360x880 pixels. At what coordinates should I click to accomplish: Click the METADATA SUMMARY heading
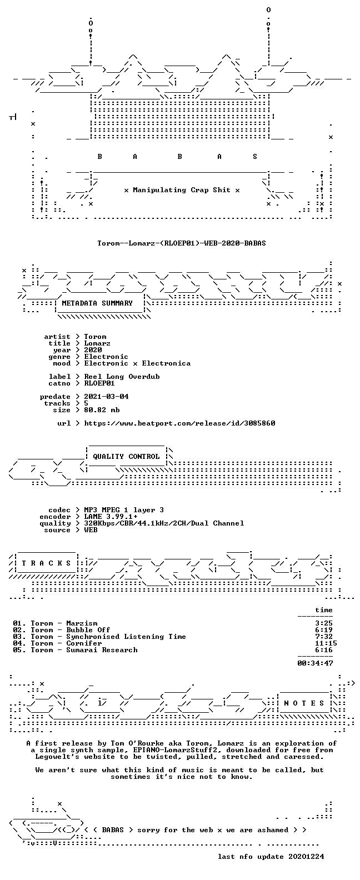[x=97, y=303]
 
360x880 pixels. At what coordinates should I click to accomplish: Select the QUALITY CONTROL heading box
[x=126, y=457]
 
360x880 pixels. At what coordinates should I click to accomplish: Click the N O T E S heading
[x=304, y=703]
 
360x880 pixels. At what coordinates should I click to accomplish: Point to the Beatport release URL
[x=179, y=423]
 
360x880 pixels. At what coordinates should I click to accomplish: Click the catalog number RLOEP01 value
[x=99, y=383]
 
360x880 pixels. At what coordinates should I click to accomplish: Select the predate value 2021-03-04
[x=106, y=397]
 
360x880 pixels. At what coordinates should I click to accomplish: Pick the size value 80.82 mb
[x=102, y=410]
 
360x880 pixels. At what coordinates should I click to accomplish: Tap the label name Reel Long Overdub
[x=122, y=377]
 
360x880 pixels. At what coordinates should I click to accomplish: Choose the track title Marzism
[x=82, y=623]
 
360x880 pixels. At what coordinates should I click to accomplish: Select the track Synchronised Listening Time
[x=126, y=637]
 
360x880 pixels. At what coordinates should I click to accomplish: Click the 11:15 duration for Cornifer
[x=326, y=643]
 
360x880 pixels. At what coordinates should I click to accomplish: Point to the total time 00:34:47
[x=315, y=663]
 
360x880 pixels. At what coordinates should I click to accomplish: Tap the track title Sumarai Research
[x=102, y=650]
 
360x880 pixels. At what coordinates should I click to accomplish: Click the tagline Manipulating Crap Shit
[x=182, y=190]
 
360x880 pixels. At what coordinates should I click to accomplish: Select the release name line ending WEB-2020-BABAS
[x=182, y=243]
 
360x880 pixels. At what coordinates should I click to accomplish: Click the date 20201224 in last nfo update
[x=306, y=857]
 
